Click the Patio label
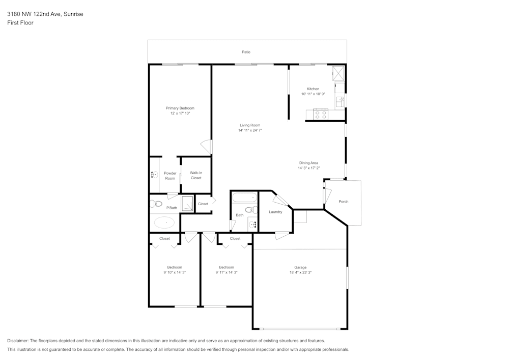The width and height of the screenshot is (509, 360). [x=246, y=52]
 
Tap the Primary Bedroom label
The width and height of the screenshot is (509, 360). [x=180, y=108]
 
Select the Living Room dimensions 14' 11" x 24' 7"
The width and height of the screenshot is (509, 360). [x=250, y=130]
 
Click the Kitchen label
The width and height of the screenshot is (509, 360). [x=313, y=89]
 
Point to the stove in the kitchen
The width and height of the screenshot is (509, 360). [x=321, y=114]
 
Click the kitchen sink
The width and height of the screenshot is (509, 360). [x=340, y=102]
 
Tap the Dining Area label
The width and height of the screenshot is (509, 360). [x=309, y=163]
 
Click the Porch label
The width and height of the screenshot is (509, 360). [x=344, y=202]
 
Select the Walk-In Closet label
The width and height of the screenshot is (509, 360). [x=196, y=175]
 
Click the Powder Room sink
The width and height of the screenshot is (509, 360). [x=155, y=175]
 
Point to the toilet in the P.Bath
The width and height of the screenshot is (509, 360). [x=156, y=204]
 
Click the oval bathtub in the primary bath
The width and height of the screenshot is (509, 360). [x=164, y=223]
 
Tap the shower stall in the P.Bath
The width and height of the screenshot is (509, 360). [x=187, y=204]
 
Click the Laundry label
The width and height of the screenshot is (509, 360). [x=275, y=212]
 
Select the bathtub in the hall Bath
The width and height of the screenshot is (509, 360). [x=245, y=198]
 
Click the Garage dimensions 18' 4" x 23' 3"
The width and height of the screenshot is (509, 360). [x=301, y=272]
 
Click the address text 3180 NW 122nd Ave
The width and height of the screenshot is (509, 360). [x=34, y=14]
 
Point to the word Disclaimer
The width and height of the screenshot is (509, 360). [x=17, y=341]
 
